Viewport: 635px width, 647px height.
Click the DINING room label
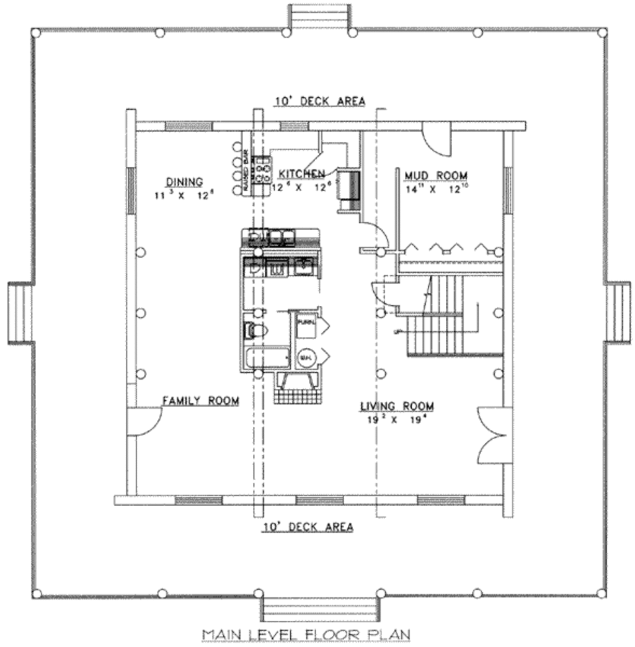(x=184, y=182)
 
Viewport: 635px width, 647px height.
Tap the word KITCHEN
(x=301, y=174)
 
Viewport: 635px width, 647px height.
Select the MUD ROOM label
(x=436, y=176)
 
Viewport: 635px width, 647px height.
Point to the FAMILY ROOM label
(x=200, y=401)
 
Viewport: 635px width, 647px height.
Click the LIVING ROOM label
(x=397, y=406)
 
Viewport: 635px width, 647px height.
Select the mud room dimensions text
(x=436, y=189)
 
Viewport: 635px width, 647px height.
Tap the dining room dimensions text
(x=184, y=195)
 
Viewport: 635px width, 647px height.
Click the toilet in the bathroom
(x=255, y=331)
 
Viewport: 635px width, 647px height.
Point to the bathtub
(x=267, y=359)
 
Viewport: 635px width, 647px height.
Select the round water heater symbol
(x=306, y=358)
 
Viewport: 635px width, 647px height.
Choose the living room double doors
(x=494, y=435)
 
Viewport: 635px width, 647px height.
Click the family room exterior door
(x=145, y=422)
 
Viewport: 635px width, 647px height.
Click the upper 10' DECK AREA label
(x=321, y=100)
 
